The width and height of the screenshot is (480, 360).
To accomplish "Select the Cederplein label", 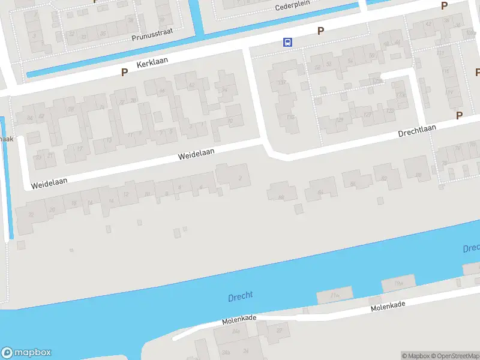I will pos(291,7).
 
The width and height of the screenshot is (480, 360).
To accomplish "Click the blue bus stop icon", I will pos(288,42).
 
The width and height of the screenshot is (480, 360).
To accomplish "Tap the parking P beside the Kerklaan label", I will pos(125,72).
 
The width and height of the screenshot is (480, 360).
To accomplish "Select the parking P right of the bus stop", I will pos(321,31).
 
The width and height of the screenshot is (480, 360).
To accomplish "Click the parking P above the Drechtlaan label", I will pos(460,115).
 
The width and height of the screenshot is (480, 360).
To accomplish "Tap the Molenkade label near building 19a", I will pos(388,307).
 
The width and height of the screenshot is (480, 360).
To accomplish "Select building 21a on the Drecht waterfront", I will pos(335,296).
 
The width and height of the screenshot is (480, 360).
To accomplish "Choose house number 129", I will pos(340,120).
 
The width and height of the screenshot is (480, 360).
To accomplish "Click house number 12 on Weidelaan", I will pos(125,194).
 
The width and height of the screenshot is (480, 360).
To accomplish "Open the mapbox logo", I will pos(26,353).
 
